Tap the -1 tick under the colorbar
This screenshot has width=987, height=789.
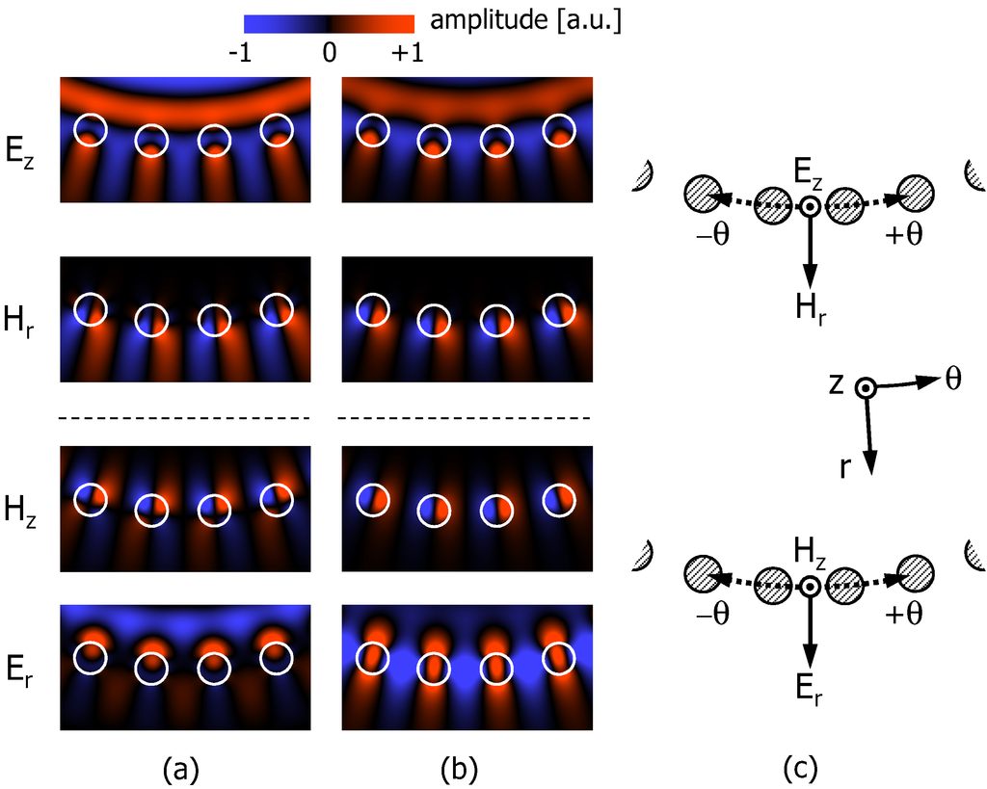pyautogui.click(x=242, y=54)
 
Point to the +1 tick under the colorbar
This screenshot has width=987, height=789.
pyautogui.click(x=407, y=54)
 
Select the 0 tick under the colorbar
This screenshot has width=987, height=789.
pyautogui.click(x=329, y=54)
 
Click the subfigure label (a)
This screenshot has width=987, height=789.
pyautogui.click(x=183, y=768)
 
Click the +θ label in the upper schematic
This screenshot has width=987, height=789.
pyautogui.click(x=908, y=235)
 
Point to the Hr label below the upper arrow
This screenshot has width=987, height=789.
pyautogui.click(x=811, y=307)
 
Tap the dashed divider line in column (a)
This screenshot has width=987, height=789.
pyautogui.click(x=184, y=418)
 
